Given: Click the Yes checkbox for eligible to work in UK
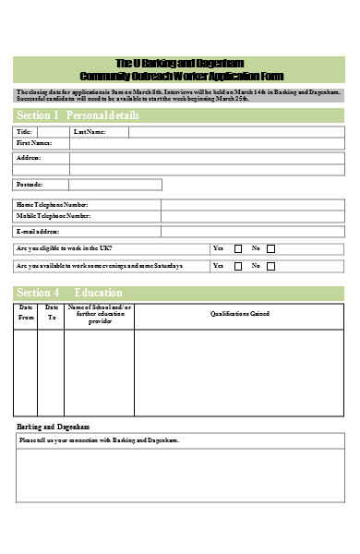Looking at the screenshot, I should pos(238,248).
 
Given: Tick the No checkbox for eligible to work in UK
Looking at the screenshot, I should pos(270,248).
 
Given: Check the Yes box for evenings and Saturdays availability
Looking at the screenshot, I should pos(238,266).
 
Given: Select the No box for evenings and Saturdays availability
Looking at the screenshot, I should pos(270,266).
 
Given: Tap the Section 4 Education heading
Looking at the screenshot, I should pos(70,293).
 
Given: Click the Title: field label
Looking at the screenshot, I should pos(25,132).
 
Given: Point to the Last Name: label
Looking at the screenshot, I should pos(90,132).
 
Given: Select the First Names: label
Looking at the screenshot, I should pos(35,143).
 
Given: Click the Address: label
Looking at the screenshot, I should pos(30,158).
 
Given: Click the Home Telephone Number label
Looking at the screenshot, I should pos(53,204).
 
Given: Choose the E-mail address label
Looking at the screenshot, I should pos(38,231).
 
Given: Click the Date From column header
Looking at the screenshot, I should pos(26,312).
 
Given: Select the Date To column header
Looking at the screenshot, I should pos(52,312).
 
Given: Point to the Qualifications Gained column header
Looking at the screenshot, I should pos(239,313).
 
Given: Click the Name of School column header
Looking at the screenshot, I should pos(100,313).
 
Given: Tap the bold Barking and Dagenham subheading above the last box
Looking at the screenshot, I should pos(54,428).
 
